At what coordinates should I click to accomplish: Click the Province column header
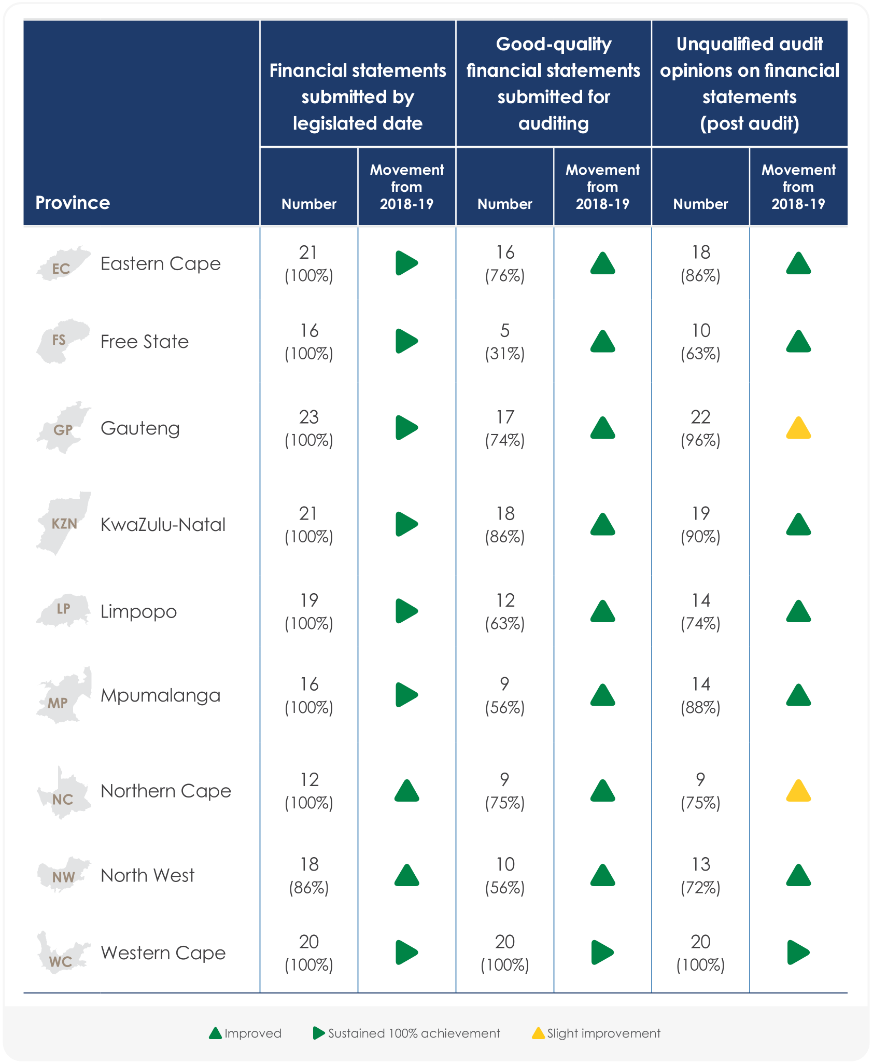pyautogui.click(x=73, y=202)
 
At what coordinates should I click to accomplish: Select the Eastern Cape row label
pyautogui.click(x=160, y=264)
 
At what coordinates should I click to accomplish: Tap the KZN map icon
pyautogui.click(x=64, y=523)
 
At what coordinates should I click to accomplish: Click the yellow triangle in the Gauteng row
pyautogui.click(x=798, y=429)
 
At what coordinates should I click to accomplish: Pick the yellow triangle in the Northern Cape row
pyautogui.click(x=798, y=792)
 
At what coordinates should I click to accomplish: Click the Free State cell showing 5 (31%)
pyautogui.click(x=505, y=342)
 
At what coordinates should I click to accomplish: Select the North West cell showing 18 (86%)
pyautogui.click(x=309, y=876)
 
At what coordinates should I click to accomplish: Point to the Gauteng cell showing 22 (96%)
pyautogui.click(x=700, y=428)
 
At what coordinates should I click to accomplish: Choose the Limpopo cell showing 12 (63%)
pyautogui.click(x=505, y=611)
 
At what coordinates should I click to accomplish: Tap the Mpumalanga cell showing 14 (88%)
pyautogui.click(x=700, y=695)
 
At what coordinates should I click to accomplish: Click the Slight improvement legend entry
pyautogui.click(x=596, y=1033)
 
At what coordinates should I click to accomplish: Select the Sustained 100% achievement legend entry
pyautogui.click(x=407, y=1033)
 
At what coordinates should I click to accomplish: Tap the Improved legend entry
pyautogui.click(x=245, y=1033)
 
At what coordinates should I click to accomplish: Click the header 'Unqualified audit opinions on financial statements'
pyautogui.click(x=749, y=83)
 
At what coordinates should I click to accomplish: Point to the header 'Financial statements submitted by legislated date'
pyautogui.click(x=358, y=96)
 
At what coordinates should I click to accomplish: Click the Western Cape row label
pyautogui.click(x=163, y=953)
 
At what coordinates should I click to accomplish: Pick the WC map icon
pyautogui.click(x=62, y=953)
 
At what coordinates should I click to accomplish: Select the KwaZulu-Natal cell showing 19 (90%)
pyautogui.click(x=700, y=525)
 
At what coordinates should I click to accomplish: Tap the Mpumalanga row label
pyautogui.click(x=160, y=695)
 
